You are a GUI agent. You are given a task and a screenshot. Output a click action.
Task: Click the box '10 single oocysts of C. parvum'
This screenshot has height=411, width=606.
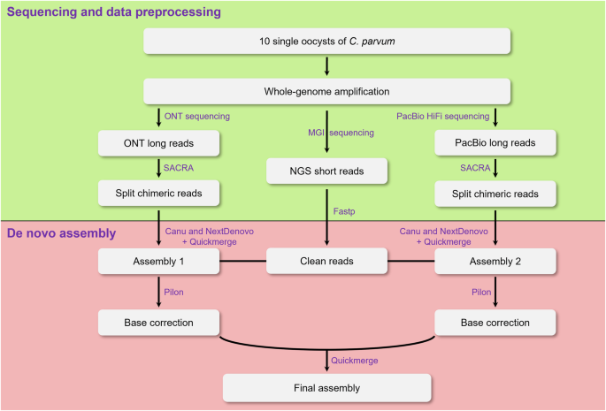[327, 41]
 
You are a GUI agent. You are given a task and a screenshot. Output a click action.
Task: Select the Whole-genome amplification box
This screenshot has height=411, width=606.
[327, 91]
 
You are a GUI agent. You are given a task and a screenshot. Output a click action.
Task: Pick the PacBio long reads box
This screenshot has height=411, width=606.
[495, 141]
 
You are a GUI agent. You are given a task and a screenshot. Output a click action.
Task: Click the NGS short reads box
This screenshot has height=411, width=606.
[327, 168]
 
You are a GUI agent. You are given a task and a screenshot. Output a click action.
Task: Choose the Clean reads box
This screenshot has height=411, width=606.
[327, 261]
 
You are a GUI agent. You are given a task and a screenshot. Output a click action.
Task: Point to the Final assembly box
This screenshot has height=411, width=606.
[327, 387]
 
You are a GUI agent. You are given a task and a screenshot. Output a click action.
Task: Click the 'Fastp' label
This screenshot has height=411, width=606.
[346, 211]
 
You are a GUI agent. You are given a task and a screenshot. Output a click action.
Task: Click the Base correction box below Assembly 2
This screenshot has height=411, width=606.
[495, 323]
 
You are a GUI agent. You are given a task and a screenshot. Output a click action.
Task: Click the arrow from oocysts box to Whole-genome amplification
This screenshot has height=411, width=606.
[327, 66]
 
